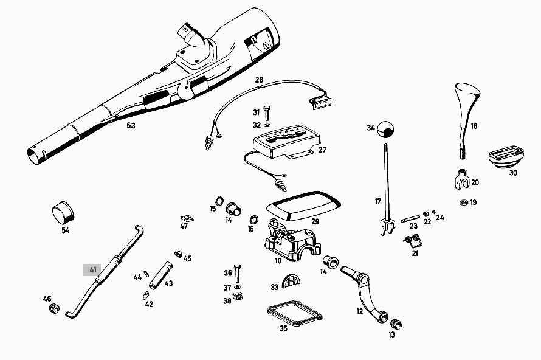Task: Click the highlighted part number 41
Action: click(x=93, y=269)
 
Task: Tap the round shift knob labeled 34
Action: click(x=385, y=130)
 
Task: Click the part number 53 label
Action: click(x=131, y=126)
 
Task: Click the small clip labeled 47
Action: click(x=187, y=217)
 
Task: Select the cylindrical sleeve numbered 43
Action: click(x=160, y=275)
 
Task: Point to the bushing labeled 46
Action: click(x=53, y=308)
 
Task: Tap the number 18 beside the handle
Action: click(x=474, y=126)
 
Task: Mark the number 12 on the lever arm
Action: click(x=360, y=311)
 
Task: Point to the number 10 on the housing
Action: click(x=278, y=261)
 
